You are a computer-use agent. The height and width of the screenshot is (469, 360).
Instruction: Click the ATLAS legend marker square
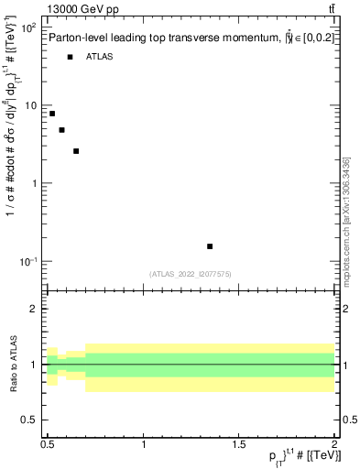pos(70,57)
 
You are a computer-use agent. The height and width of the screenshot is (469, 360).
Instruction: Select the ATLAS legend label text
pos(99,57)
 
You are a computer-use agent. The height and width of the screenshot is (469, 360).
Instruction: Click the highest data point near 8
pos(52,114)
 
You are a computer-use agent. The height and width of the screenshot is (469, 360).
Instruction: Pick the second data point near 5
pos(61,130)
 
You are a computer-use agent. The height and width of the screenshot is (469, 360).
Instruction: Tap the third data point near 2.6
pos(76,151)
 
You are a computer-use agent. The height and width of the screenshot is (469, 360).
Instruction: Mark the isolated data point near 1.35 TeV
pos(210,246)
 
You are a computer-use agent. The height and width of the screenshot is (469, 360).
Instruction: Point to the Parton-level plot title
pos(183,37)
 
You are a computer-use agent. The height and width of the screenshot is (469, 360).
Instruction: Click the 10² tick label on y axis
pos(28,28)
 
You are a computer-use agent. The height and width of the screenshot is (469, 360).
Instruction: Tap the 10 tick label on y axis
pos(31,106)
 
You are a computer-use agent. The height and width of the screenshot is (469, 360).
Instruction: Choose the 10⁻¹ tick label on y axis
pos(28,262)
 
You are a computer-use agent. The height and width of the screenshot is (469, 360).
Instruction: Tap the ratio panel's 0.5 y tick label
pos(30,420)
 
